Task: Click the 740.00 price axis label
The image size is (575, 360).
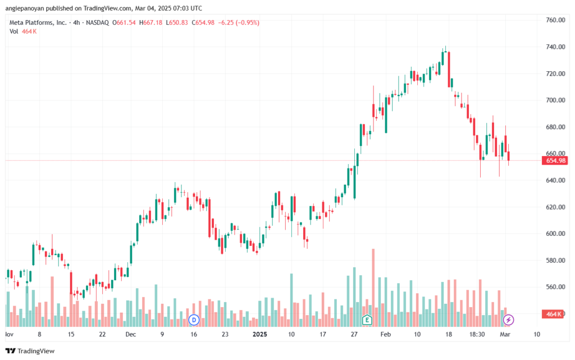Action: (x=555, y=47)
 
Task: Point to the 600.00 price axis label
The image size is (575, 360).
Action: (x=555, y=234)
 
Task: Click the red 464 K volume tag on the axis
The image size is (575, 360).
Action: (x=553, y=314)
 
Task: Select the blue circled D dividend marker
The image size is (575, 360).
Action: (x=194, y=320)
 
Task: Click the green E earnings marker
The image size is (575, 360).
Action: (x=367, y=320)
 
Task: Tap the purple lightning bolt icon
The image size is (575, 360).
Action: (x=508, y=320)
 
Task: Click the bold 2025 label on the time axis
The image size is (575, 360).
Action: (x=259, y=334)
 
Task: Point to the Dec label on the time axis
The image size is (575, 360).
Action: (x=130, y=334)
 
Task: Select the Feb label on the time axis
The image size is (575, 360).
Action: (x=385, y=334)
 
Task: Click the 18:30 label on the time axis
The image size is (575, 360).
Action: (x=477, y=334)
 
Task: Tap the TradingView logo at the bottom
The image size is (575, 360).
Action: (x=30, y=351)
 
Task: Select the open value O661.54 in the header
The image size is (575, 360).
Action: (x=124, y=22)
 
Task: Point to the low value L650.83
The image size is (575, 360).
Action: (x=177, y=22)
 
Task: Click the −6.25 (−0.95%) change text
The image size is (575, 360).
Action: (x=239, y=22)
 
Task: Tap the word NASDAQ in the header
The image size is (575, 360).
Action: (x=97, y=22)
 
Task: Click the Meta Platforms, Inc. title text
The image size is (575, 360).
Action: (x=38, y=22)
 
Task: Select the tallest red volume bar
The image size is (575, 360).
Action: (x=373, y=288)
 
